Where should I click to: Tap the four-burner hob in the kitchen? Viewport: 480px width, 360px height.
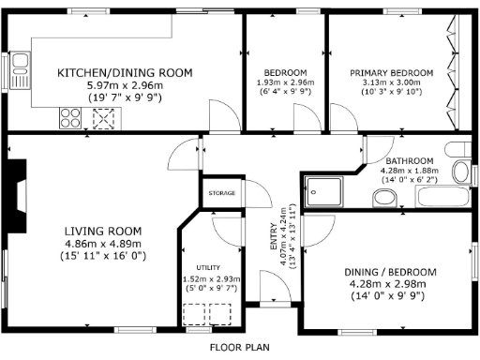(x=70, y=117)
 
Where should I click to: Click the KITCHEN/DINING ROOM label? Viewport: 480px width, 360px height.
(x=125, y=72)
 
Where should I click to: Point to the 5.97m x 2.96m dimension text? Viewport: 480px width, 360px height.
(x=125, y=84)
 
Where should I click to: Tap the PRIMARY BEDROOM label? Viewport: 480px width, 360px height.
(x=392, y=72)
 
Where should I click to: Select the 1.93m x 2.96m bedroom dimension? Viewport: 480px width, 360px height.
(x=285, y=84)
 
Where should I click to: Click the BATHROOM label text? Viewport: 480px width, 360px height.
(x=407, y=160)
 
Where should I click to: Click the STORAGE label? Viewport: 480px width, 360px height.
(x=222, y=194)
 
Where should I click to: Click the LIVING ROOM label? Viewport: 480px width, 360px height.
(x=103, y=231)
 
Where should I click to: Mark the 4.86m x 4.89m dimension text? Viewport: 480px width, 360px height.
(x=103, y=243)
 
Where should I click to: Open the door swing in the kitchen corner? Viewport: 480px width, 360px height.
(x=221, y=118)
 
